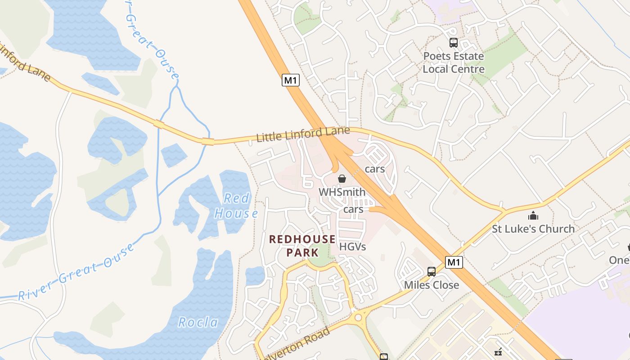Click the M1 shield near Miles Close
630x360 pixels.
454,262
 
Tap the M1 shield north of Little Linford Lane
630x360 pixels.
291,80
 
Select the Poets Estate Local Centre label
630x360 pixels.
453,63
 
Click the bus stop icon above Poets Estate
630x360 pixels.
454,43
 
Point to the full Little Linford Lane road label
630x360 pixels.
303,134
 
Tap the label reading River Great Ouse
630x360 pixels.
76,273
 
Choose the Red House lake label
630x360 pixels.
236,206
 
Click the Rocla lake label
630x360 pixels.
198,322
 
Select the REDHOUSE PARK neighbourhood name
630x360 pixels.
302,246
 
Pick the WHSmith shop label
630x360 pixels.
342,192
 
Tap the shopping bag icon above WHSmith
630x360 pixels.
342,179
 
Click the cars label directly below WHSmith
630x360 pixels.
353,209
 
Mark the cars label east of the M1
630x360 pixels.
375,169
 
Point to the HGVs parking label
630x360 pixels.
352,247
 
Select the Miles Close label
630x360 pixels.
432,285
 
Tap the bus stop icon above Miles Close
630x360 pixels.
432,271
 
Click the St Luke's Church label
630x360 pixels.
533,229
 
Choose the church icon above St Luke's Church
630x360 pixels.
533,216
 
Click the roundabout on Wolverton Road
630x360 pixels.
358,318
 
